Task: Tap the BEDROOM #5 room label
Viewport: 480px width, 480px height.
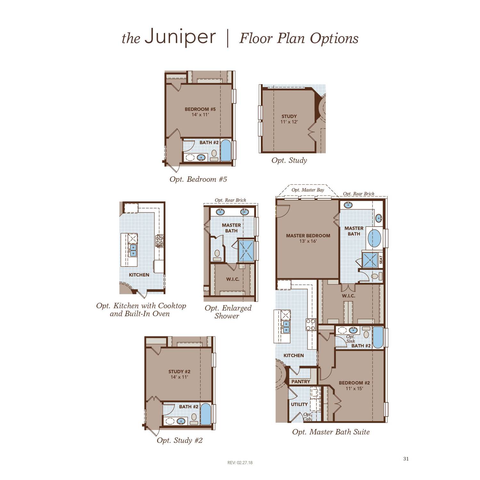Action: (200, 109)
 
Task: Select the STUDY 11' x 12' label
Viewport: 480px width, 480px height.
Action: (289, 119)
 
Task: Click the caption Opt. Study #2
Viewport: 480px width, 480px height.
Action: (180, 440)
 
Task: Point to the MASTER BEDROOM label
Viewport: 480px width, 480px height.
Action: (308, 236)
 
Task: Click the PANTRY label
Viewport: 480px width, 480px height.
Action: (300, 381)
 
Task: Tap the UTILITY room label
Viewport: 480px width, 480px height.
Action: (299, 404)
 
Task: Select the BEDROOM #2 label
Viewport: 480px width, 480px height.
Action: (354, 383)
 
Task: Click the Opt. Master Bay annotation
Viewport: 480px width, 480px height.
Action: (308, 190)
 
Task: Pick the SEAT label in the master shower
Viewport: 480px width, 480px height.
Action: (380, 259)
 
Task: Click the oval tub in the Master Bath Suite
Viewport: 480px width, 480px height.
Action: (374, 237)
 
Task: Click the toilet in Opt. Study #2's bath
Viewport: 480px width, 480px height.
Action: (194, 417)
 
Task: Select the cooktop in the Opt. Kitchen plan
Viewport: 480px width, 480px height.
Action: (159, 240)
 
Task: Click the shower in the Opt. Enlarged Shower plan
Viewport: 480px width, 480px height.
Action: (246, 251)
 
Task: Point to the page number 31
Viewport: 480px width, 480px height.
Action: (406, 459)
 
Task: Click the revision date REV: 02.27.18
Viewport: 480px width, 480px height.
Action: (240, 462)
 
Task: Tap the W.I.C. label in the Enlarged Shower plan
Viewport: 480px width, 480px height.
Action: (233, 279)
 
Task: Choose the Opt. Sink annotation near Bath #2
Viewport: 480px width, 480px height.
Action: (350, 339)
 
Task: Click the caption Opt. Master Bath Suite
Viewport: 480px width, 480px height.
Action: (331, 432)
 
